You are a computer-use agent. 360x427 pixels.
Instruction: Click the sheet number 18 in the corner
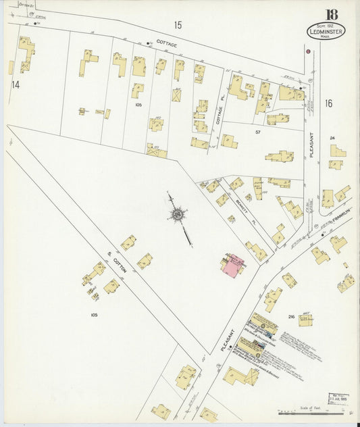click(x=332, y=15)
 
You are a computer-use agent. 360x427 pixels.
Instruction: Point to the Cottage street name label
click(x=168, y=44)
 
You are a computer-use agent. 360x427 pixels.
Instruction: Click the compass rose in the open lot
click(x=178, y=216)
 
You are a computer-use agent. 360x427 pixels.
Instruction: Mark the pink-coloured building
click(x=232, y=263)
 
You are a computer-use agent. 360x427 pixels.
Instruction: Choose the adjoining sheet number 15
click(x=177, y=25)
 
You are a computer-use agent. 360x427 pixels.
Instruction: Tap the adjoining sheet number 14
click(x=15, y=84)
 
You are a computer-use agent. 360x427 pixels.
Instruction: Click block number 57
click(x=258, y=132)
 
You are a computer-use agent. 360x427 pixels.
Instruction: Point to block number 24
click(x=332, y=138)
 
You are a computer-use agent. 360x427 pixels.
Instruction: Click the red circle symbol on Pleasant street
click(x=308, y=51)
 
